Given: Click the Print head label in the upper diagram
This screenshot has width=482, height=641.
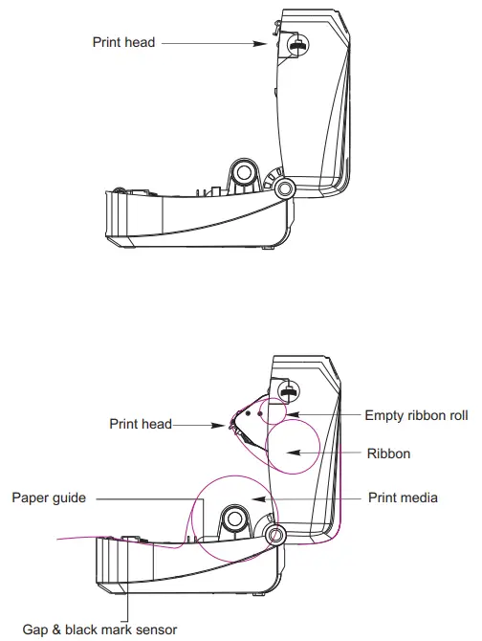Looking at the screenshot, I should coord(123,42).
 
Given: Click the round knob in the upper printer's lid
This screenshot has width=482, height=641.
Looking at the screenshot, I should coord(298,45).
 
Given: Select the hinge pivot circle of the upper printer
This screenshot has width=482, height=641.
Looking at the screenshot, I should coord(283,189).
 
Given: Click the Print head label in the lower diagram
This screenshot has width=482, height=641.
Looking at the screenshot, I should coord(140,424).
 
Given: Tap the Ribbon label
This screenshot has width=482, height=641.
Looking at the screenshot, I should coord(388,453).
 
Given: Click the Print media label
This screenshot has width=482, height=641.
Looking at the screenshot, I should coord(403,497).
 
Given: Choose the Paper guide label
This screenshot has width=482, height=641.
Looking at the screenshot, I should coord(49,497).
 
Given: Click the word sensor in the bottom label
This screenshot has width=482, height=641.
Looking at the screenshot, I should coord(156,629).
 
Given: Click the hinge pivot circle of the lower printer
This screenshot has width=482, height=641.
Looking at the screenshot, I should coord(274,534).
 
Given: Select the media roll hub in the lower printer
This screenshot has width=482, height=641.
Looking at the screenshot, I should coord(233,521).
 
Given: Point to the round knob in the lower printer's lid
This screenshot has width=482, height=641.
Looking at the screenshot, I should coord(288,389).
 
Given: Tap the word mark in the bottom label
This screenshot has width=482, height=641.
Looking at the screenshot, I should coord(120,629).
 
